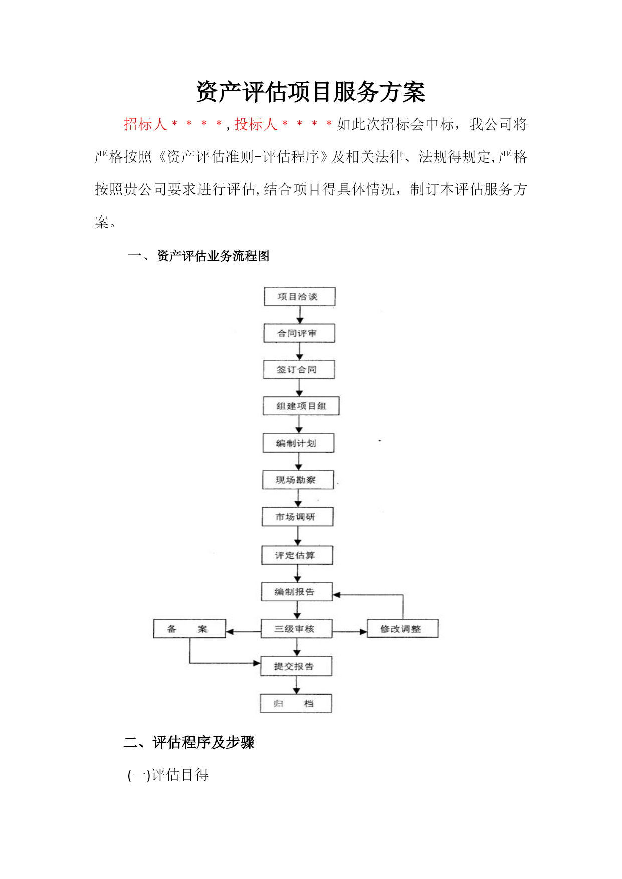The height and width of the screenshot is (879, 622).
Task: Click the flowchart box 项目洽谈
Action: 300,296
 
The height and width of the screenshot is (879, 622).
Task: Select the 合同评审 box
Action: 299,333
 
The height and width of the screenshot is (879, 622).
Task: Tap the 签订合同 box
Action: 299,370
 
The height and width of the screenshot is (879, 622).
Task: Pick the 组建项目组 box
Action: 301,406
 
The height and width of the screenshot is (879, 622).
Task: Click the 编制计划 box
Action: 298,443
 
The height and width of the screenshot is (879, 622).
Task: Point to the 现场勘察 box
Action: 298,480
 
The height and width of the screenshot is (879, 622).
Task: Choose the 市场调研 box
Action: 298,517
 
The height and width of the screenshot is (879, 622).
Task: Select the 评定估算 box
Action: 297,555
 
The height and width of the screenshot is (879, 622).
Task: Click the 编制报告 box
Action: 297,592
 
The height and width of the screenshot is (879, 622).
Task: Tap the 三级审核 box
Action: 297,629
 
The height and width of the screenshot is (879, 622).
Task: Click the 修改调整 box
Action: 402,629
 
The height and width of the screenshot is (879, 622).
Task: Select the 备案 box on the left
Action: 189,629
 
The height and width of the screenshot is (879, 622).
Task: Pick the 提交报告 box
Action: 296,666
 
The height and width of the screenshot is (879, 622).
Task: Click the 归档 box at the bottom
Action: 296,703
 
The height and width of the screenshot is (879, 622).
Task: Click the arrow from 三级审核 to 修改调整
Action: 350,632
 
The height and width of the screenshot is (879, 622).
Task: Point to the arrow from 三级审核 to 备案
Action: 244,632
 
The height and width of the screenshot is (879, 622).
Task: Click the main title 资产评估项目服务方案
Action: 311,92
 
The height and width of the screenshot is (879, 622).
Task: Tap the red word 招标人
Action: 145,124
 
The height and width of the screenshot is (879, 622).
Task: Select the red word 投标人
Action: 256,124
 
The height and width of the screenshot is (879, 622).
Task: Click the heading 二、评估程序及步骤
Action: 189,742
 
